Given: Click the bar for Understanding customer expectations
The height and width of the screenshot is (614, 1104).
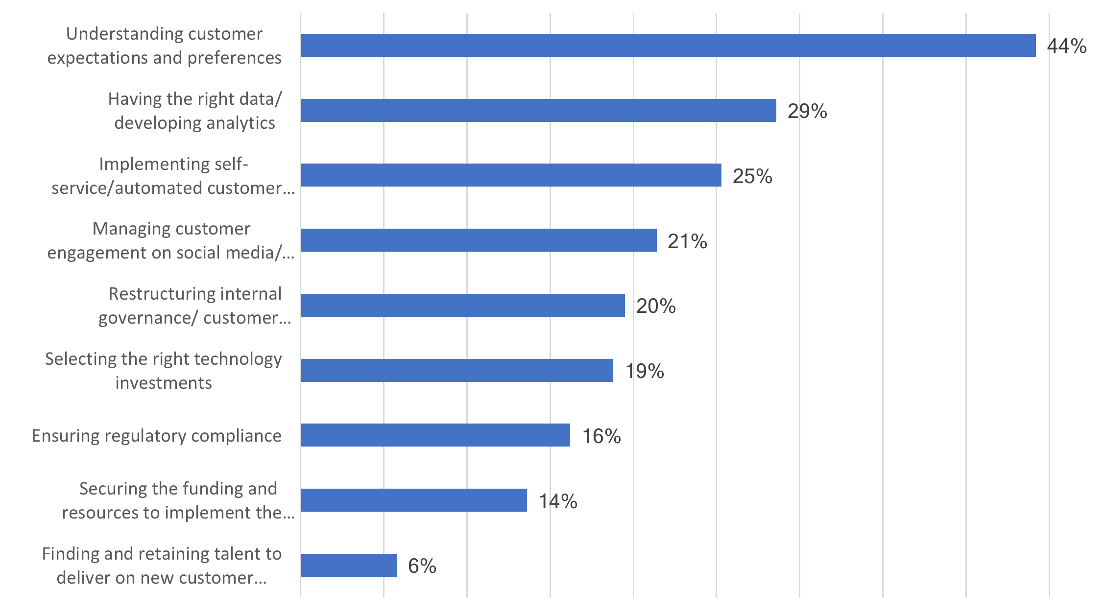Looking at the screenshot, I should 668,46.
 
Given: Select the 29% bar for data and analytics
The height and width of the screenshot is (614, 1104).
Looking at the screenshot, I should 538,111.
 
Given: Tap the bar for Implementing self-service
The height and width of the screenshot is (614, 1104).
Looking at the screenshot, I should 511,175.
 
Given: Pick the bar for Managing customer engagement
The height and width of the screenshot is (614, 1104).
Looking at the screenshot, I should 479,240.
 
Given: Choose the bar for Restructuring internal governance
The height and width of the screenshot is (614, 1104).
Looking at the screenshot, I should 463,306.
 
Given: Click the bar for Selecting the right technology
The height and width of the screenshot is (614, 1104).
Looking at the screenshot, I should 457,371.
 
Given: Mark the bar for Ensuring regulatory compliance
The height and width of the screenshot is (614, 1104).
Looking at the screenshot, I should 435,435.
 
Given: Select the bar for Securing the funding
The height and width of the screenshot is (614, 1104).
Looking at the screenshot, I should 414,500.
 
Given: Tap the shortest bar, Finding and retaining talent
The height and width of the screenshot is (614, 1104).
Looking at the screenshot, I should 349,566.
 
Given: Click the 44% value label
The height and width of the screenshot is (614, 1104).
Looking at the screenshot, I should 1066,46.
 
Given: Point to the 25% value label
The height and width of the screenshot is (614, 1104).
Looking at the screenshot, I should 752,176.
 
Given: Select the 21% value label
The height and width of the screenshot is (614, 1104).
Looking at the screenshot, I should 687,241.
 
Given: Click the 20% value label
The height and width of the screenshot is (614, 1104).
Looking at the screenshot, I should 656,306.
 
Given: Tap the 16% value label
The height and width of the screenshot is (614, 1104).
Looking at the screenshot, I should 601,436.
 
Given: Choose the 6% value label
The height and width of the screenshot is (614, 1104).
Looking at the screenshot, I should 422,566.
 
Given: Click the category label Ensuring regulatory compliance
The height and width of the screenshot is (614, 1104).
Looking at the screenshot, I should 157,436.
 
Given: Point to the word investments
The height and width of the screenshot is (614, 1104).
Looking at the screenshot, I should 164,383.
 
